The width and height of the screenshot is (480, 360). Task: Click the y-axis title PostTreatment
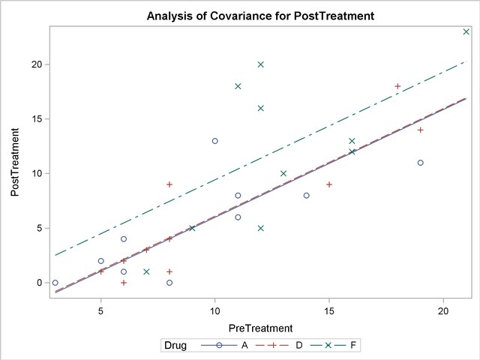[15, 162]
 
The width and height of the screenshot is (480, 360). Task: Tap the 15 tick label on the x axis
[328, 310]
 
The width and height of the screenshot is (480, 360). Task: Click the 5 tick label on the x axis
[100, 310]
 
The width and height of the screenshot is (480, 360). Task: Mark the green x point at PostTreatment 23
[466, 31]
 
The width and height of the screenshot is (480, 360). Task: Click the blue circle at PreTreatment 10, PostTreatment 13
[214, 141]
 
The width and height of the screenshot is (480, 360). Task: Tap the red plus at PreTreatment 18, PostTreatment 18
[397, 86]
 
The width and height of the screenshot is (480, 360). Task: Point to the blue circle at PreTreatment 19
[421, 163]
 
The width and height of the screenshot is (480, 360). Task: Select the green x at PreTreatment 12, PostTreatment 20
[260, 64]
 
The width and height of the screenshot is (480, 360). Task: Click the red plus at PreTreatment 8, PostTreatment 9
[169, 184]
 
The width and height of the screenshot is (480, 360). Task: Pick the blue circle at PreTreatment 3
[55, 283]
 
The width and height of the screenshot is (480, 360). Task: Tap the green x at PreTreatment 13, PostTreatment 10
[283, 173]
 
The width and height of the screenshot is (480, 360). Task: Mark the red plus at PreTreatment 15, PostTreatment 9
[329, 184]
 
